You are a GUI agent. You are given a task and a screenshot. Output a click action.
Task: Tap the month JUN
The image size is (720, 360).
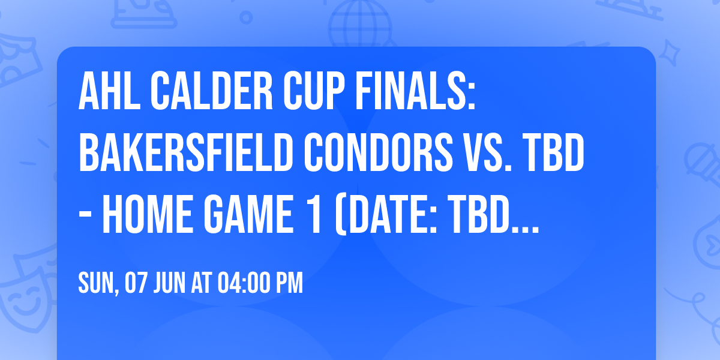pyautogui.click(x=169, y=284)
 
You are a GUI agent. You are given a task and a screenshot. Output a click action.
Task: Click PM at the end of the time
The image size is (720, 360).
pyautogui.click(x=290, y=284)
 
